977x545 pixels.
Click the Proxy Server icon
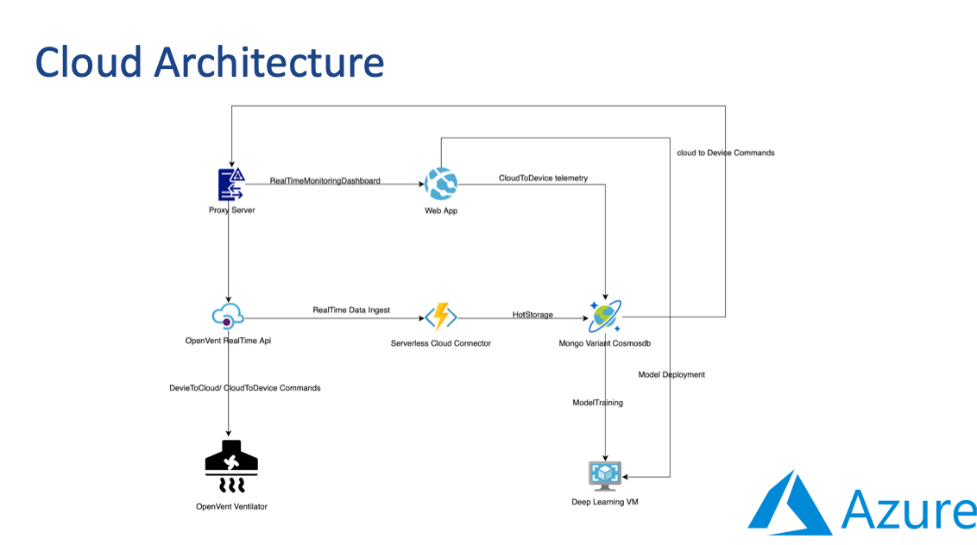(x=231, y=185)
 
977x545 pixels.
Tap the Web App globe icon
(x=441, y=185)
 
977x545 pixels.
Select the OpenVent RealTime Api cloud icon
(x=228, y=316)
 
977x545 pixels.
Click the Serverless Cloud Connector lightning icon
(x=441, y=316)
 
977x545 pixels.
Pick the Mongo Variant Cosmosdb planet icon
(x=604, y=316)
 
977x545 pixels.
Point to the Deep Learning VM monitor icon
(x=604, y=476)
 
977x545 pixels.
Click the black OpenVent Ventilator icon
(x=231, y=467)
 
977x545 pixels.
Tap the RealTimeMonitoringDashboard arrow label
(x=325, y=180)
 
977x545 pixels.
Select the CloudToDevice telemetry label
(x=543, y=179)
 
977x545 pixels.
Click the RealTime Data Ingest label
(x=351, y=310)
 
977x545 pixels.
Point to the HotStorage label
(x=533, y=315)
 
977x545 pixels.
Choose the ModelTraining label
(x=597, y=403)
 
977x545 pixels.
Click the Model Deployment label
(x=671, y=374)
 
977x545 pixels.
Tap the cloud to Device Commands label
(x=726, y=153)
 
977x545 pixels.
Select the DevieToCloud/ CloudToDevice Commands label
(x=245, y=387)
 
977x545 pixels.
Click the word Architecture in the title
(x=268, y=62)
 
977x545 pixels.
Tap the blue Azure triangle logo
(x=790, y=504)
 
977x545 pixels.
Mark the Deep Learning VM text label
(x=605, y=502)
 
